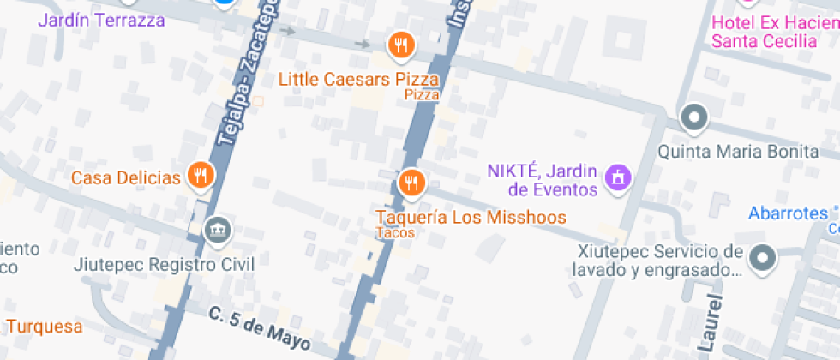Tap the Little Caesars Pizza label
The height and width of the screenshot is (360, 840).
click(359, 80)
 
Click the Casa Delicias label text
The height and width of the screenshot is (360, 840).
click(125, 178)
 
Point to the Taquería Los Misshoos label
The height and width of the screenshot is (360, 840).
click(471, 217)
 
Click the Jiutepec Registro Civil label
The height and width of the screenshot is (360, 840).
click(165, 264)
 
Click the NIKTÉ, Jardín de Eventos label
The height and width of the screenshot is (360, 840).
click(542, 179)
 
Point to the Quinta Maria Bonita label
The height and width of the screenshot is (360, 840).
click(738, 152)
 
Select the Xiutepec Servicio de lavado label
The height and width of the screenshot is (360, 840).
click(658, 261)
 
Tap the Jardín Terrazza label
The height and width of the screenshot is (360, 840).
click(102, 20)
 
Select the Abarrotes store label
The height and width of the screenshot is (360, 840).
click(788, 213)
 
